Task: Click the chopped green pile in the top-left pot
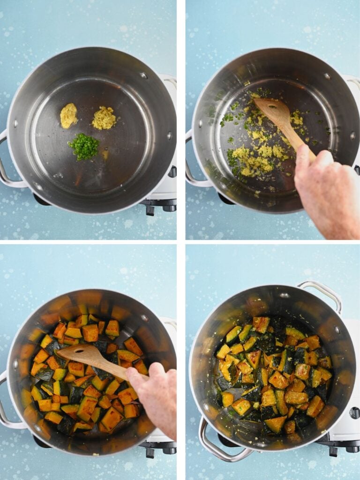pyautogui.click(x=84, y=146)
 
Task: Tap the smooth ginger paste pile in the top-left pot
pyautogui.click(x=68, y=115)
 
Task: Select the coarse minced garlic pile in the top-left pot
pyautogui.click(x=104, y=118)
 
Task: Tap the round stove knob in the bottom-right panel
pyautogui.click(x=354, y=412)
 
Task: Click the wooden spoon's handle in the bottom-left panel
pyautogui.click(x=112, y=367)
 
